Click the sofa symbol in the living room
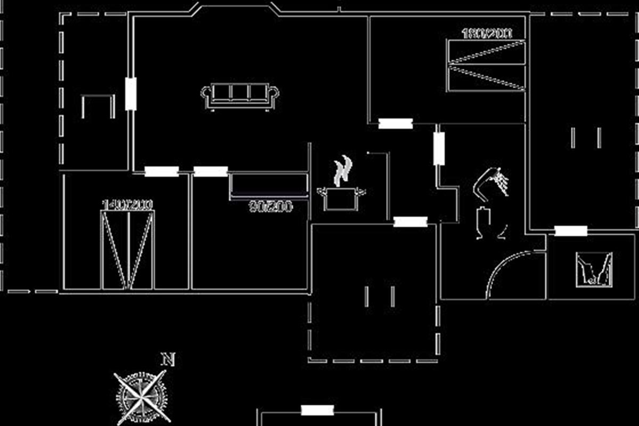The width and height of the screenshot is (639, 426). [240, 96]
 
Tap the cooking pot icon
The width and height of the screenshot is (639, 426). [341, 198]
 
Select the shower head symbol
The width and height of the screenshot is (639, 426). [492, 181]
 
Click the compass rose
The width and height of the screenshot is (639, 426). [141, 397]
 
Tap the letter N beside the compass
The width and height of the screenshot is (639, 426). [168, 359]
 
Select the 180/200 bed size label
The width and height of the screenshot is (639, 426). [486, 34]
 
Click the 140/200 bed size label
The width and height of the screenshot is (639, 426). [127, 204]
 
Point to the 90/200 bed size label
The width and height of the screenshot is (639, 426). [271, 207]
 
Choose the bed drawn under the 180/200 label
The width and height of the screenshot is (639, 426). [486, 65]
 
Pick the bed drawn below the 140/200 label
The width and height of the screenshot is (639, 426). [128, 250]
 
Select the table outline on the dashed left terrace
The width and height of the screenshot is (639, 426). [97, 105]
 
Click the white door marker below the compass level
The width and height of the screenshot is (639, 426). [317, 410]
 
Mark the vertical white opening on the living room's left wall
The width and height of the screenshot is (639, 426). [130, 94]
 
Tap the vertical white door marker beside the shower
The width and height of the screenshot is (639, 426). [439, 149]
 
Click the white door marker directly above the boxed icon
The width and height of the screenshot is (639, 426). [571, 231]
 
